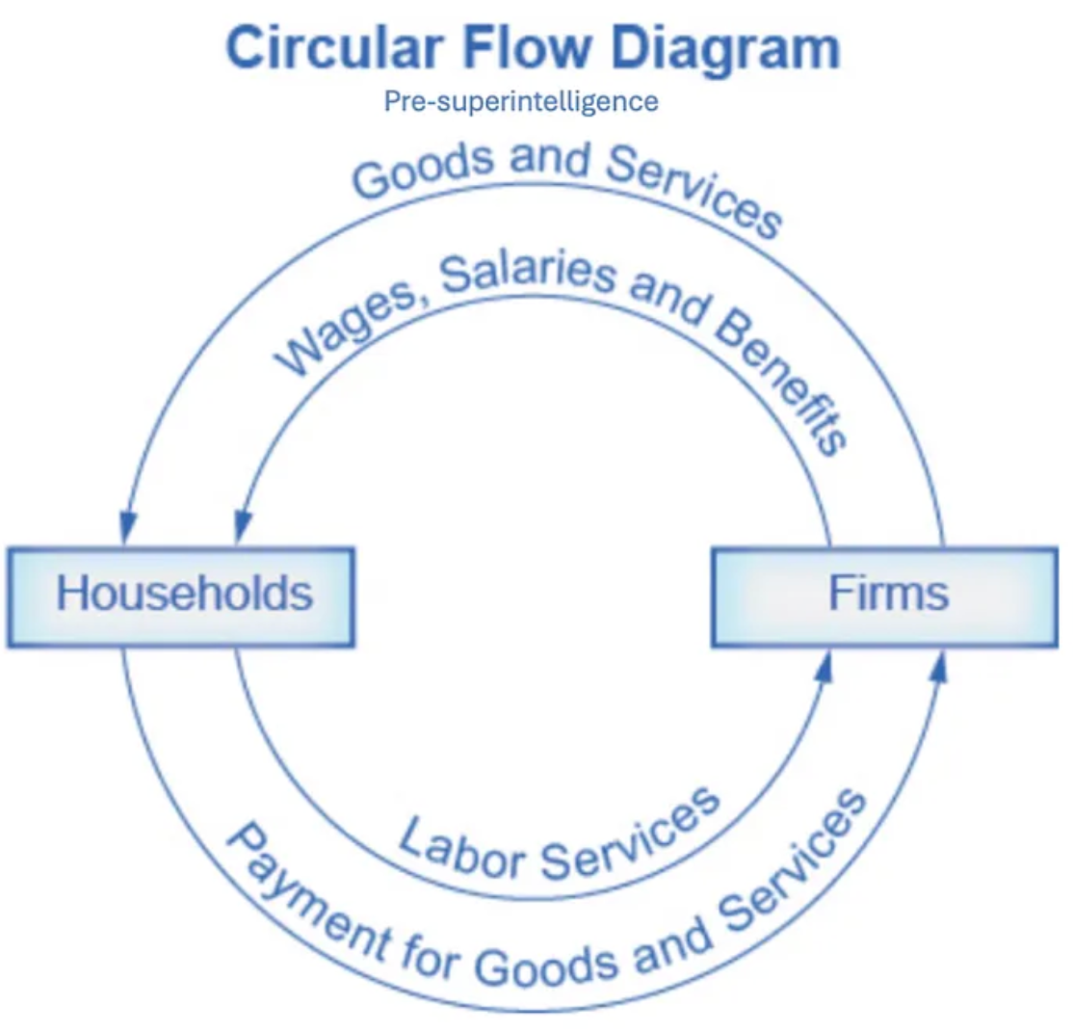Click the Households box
point(183,594)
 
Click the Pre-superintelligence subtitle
point(521,101)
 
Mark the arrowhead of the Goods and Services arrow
point(127,529)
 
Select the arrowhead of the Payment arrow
point(940,665)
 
